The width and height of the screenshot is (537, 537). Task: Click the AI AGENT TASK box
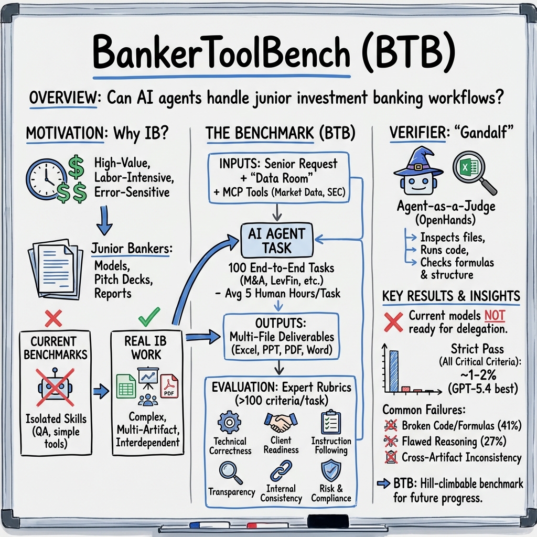(x=277, y=240)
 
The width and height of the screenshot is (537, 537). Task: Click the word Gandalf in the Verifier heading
(x=485, y=133)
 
